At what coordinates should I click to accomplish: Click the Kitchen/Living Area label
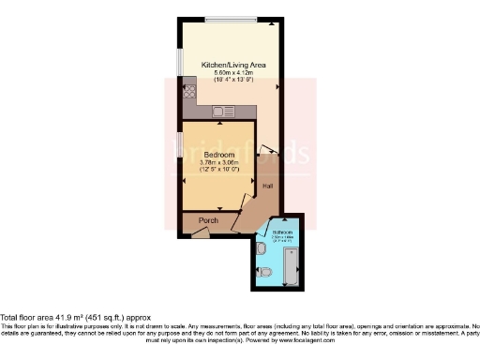click(234, 65)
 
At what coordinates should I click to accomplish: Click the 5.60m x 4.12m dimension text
click(234, 73)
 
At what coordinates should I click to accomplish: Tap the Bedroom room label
click(217, 154)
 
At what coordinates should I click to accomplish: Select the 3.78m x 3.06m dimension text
click(217, 162)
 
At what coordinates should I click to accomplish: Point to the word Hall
click(268, 187)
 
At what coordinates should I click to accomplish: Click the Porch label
click(208, 220)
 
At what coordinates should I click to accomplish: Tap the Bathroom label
click(281, 232)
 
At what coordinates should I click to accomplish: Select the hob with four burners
click(189, 92)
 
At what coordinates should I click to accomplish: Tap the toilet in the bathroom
click(265, 273)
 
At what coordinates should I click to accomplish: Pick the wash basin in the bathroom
click(259, 248)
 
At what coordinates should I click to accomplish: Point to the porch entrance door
click(199, 232)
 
